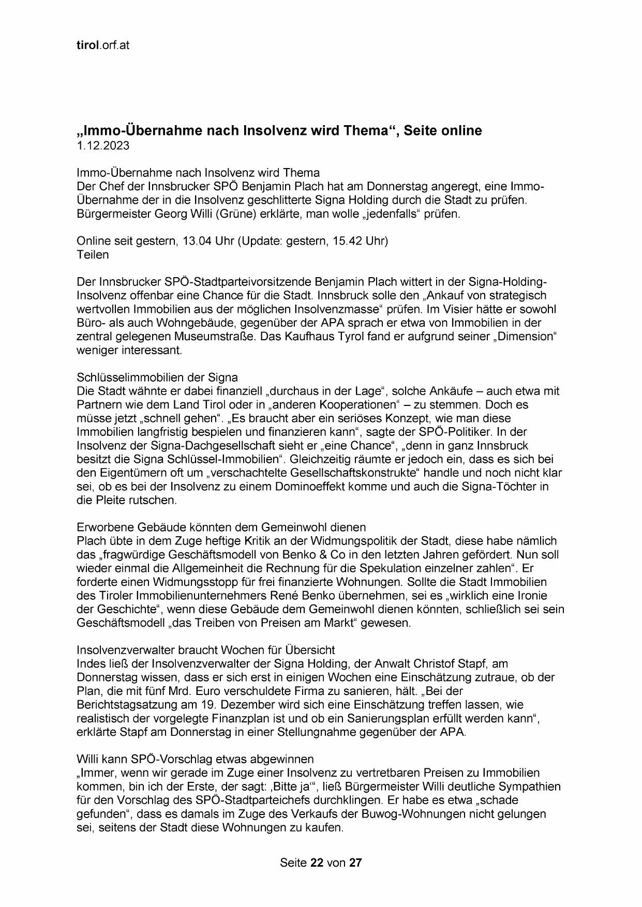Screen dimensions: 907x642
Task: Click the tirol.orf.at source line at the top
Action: [x=102, y=45]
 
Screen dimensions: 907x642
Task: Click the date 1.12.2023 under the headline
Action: [x=103, y=146]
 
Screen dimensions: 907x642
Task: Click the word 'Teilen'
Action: [x=93, y=254]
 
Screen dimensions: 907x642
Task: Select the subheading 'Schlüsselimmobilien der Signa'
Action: [x=157, y=377]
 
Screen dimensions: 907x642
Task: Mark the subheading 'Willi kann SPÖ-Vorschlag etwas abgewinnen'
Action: [x=195, y=759]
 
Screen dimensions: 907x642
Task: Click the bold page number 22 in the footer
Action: [x=317, y=863]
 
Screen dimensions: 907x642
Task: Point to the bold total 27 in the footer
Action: [x=355, y=863]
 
